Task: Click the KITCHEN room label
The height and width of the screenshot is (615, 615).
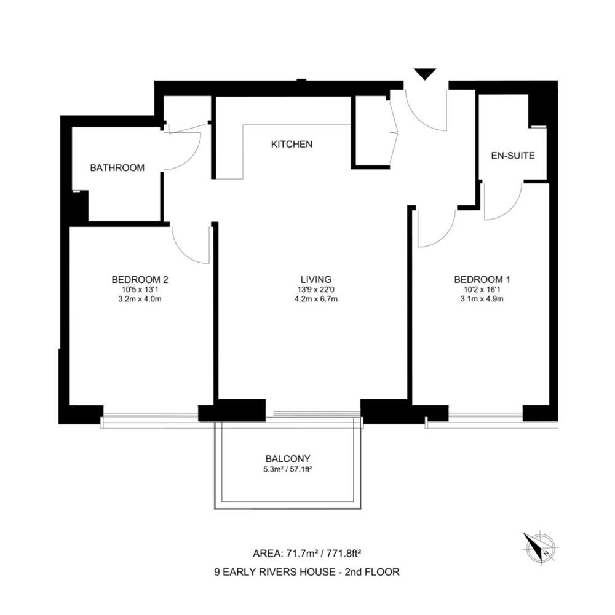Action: tap(292, 145)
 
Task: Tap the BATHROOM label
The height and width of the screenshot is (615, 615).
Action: tap(117, 168)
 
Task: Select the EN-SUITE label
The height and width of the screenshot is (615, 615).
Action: tap(513, 156)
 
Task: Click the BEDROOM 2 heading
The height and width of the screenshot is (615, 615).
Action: tap(140, 280)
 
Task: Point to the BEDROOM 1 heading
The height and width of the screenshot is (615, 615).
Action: tap(482, 280)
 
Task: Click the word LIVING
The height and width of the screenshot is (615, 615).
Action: tap(316, 280)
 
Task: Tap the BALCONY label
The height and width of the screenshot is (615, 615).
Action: tap(288, 459)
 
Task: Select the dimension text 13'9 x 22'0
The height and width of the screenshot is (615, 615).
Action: tap(316, 290)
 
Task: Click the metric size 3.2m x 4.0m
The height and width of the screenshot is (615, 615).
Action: tap(140, 299)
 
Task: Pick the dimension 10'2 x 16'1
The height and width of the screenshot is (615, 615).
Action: tap(482, 290)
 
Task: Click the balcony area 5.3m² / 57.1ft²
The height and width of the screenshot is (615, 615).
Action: tap(288, 469)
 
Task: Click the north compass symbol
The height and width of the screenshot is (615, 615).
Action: tap(540, 547)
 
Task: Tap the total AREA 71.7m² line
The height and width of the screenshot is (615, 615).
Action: tap(307, 553)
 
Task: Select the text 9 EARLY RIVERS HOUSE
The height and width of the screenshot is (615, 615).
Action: tap(274, 572)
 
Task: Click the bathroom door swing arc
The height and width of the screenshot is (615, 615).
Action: tap(193, 156)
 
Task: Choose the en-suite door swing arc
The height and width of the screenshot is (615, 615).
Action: tap(513, 209)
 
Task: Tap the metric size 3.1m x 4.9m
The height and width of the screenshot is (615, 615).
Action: tap(482, 299)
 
